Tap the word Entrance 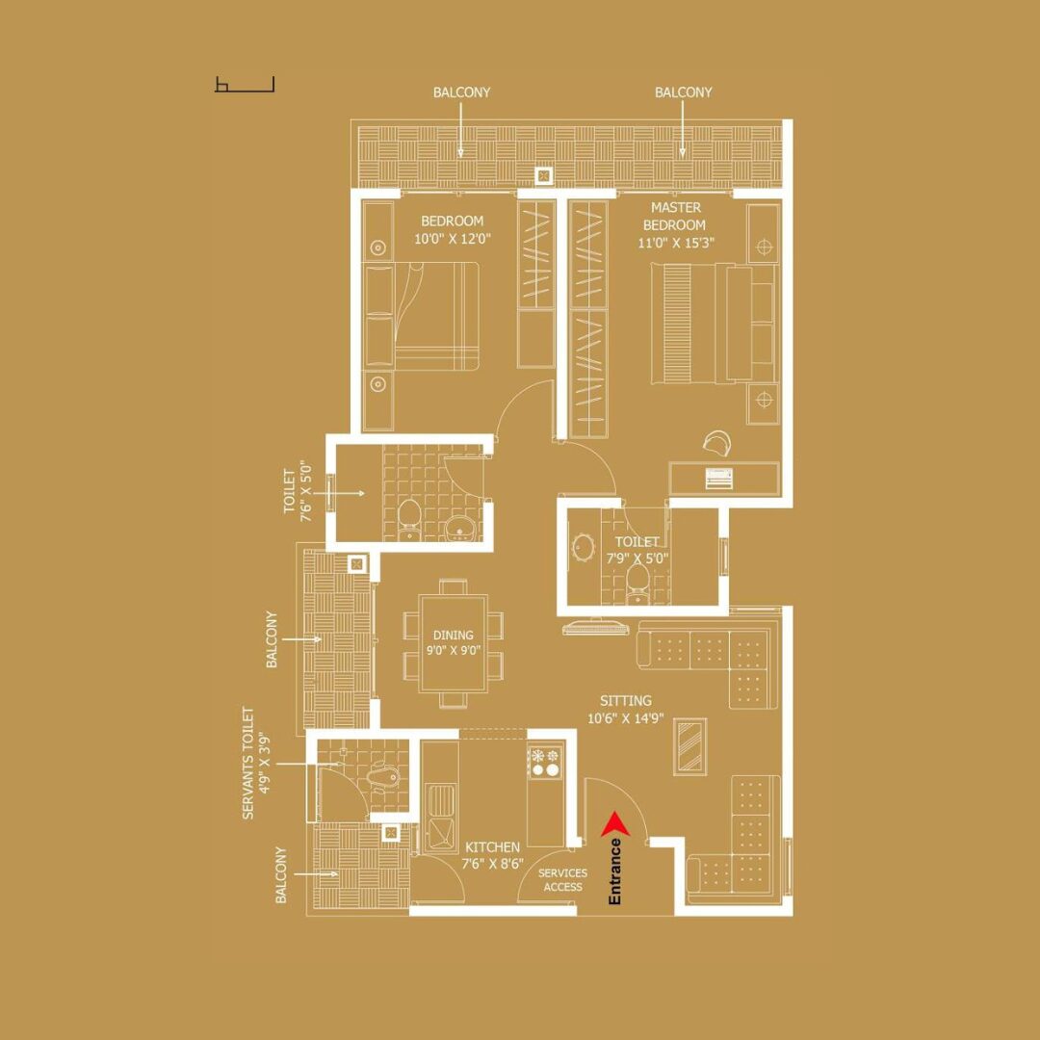click(x=614, y=871)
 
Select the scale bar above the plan click(x=244, y=84)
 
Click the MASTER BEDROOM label click(x=675, y=217)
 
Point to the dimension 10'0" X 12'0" click(x=453, y=239)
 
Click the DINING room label click(x=454, y=635)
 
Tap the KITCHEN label click(x=492, y=847)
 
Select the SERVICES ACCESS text click(x=562, y=880)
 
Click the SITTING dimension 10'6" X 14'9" click(x=626, y=717)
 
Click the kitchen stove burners click(x=544, y=762)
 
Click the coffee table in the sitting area click(x=689, y=746)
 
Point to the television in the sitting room click(x=592, y=626)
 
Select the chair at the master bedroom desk click(x=716, y=441)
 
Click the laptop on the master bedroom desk click(x=718, y=478)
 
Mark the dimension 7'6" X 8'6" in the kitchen click(x=492, y=864)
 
